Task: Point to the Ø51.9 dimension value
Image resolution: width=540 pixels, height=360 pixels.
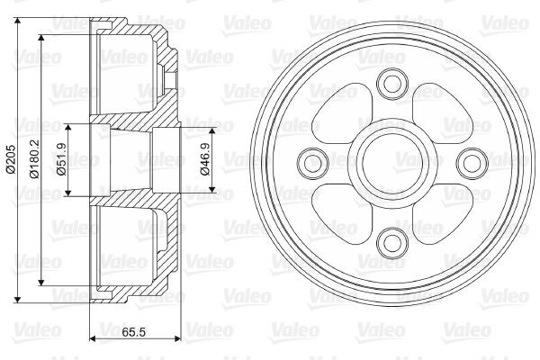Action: tap(61, 161)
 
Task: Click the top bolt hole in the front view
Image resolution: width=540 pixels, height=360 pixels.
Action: tap(391, 84)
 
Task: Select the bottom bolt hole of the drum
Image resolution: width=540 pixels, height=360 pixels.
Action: tap(391, 239)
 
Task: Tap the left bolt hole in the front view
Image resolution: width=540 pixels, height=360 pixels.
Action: tap(313, 162)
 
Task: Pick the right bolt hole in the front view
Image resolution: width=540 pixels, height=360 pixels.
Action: tap(469, 162)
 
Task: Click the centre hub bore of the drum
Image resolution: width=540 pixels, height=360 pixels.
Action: tap(391, 162)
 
